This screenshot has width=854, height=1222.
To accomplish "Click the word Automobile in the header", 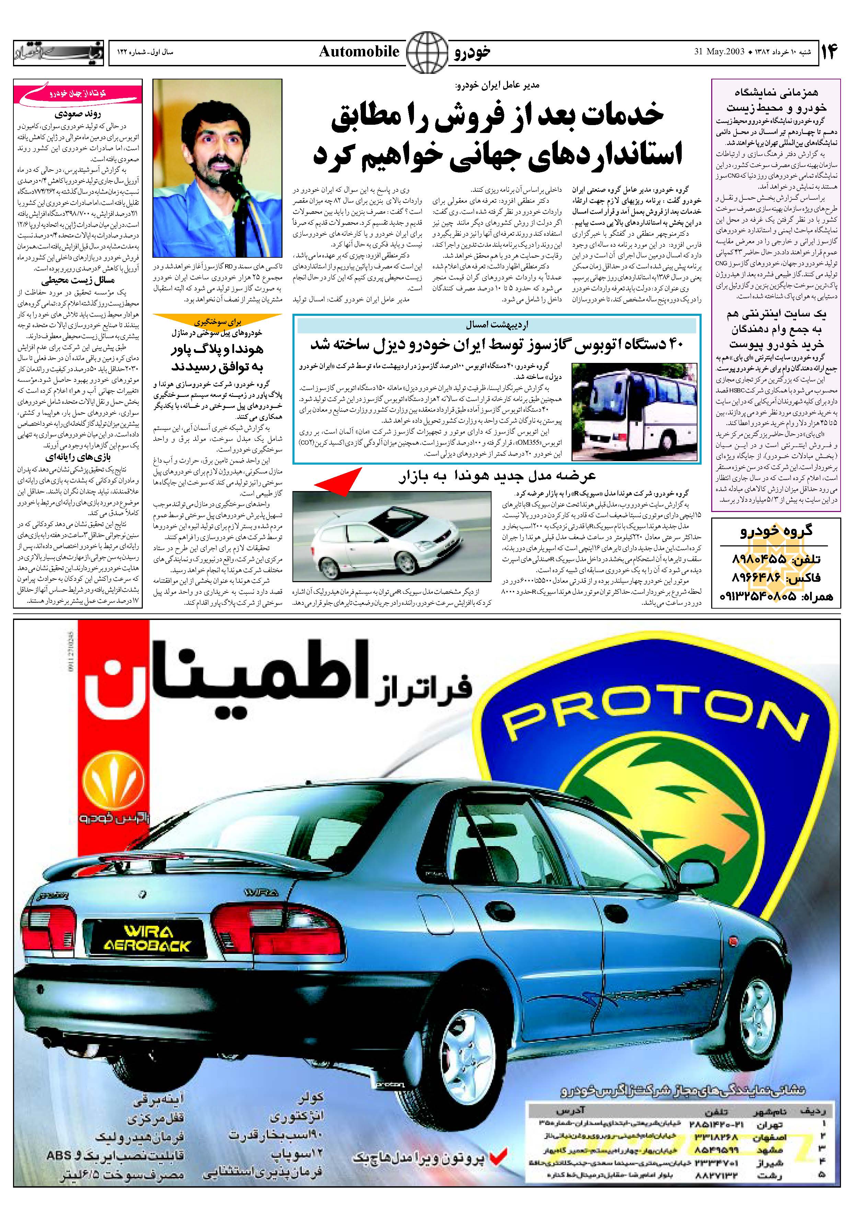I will pos(359,52).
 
